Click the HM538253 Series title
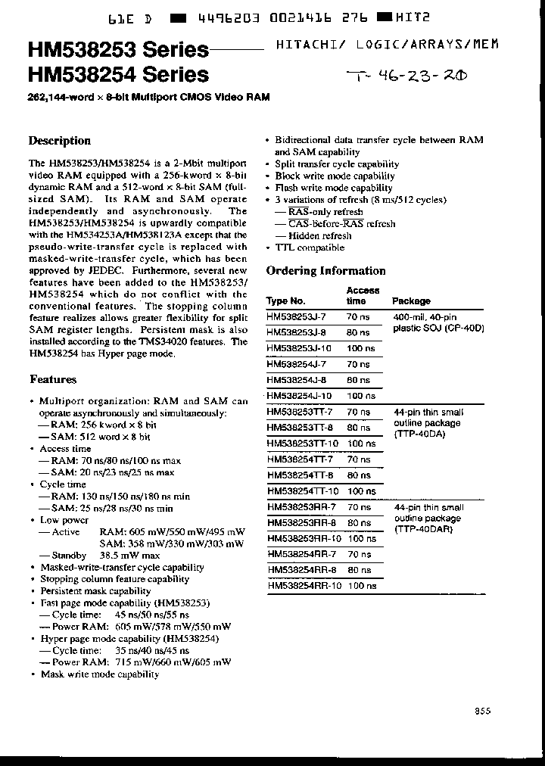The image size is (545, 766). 117,51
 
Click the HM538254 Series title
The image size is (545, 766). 117,74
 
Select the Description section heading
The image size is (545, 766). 59,141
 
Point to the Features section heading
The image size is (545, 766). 52,379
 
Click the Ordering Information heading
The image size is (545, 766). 325,271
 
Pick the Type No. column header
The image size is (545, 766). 286,301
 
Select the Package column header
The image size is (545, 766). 411,301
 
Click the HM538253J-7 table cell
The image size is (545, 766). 297,317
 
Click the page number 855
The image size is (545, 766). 483,710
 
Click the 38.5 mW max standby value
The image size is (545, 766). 129,556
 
